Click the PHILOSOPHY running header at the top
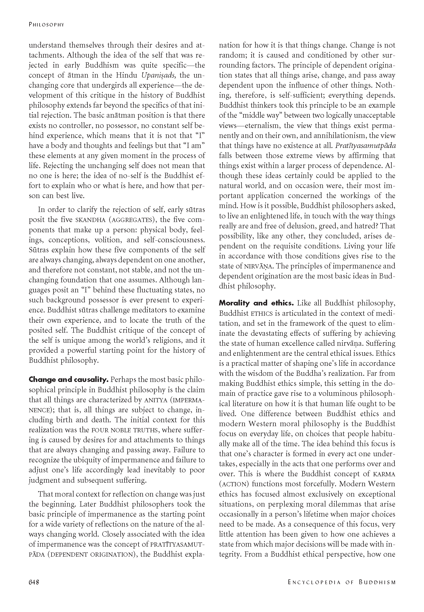(47, 25)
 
